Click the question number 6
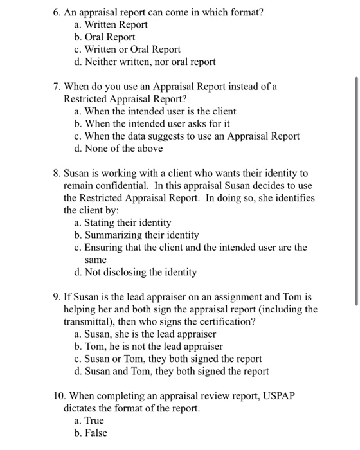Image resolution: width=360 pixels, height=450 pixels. pos(57,12)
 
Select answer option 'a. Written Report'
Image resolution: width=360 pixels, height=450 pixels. pos(111,24)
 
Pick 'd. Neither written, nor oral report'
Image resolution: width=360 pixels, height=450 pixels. pos(145,62)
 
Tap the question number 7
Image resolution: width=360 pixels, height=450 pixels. pos(57,87)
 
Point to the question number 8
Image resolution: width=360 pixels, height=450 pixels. pos(57,174)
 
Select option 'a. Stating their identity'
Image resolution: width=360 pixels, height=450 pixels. pos(123,222)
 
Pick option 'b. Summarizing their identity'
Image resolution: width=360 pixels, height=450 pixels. pos(136,235)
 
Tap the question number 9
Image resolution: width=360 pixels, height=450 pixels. pos(57,298)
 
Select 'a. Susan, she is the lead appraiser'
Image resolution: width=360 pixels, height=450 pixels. pos(145,334)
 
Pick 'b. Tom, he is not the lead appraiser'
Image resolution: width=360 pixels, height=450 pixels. pos(148,346)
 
